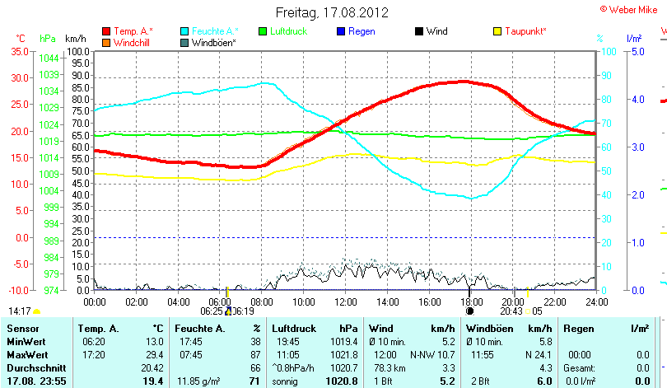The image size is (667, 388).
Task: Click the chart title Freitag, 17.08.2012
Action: [x=333, y=12]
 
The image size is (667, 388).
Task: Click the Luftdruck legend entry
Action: [x=289, y=31]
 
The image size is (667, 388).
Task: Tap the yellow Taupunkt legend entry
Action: [x=525, y=31]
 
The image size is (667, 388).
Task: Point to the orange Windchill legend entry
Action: [x=132, y=42]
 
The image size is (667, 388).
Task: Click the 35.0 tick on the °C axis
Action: [x=19, y=51]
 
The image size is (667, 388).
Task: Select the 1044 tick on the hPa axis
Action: [x=49, y=58]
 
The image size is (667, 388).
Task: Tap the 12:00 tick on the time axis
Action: [x=345, y=302]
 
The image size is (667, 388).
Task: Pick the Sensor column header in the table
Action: [x=22, y=329]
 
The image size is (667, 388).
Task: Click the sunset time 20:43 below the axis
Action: [x=512, y=311]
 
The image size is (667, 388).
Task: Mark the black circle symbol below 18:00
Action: [x=469, y=311]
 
